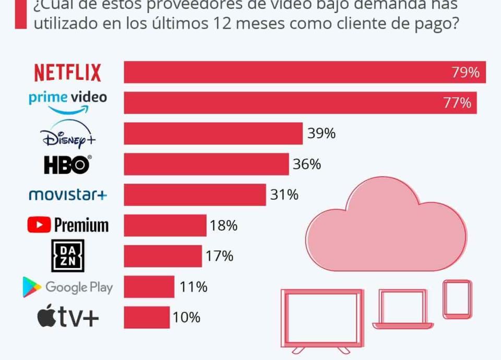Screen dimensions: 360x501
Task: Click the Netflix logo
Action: point(68,73)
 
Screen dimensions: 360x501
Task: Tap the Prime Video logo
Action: point(68,101)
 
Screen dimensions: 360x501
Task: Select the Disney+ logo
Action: point(68,134)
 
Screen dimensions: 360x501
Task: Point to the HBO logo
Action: point(67,165)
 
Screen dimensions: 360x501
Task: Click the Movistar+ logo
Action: point(68,195)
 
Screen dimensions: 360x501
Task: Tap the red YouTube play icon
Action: point(39,225)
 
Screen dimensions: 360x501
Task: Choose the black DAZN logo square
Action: point(68,256)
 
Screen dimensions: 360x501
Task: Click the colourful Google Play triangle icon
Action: point(32,287)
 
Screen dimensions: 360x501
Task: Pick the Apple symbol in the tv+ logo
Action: point(46,317)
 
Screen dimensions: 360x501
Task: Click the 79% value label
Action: point(466,73)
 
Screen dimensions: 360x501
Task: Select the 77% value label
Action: point(457,103)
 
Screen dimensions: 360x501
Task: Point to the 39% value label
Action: point(321,134)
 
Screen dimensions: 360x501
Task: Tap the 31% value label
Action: point(284,195)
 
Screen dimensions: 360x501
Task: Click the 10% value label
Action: point(186,317)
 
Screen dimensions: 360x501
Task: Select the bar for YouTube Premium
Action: point(165,225)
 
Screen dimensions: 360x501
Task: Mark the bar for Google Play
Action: point(149,287)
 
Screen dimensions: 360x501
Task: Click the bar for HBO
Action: point(206,164)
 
